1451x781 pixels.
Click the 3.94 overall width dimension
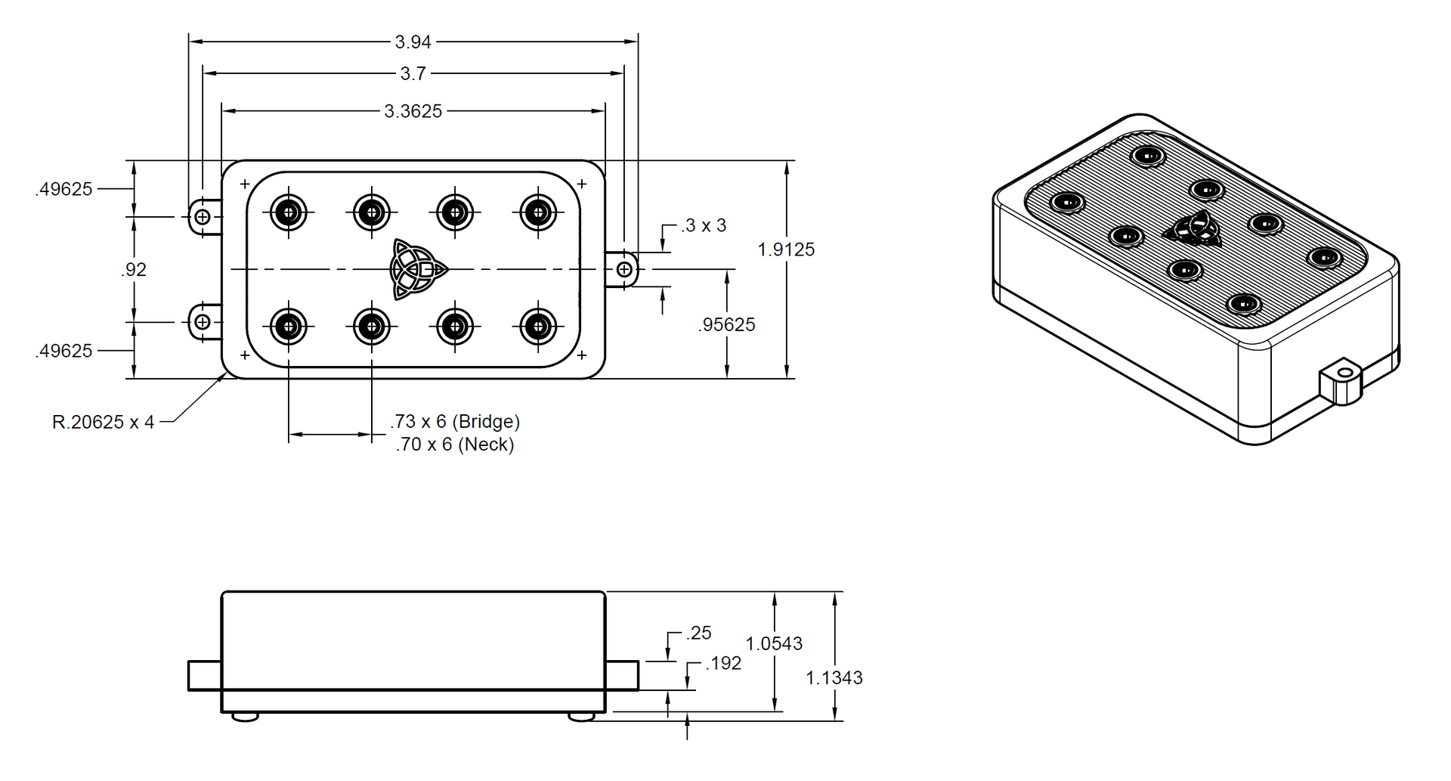point(413,42)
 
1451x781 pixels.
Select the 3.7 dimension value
point(413,73)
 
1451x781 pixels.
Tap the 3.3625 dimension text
point(413,111)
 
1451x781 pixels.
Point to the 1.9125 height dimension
point(786,249)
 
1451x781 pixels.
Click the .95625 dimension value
point(726,324)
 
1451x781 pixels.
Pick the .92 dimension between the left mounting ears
point(134,270)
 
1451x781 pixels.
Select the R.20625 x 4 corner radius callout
point(103,422)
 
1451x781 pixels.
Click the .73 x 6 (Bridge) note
point(455,421)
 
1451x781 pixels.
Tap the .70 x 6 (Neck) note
point(455,445)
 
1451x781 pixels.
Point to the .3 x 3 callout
point(703,225)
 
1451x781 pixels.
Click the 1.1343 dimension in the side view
point(834,677)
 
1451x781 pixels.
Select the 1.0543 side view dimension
point(774,643)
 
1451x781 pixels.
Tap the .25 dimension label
point(699,633)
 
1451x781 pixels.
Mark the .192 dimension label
point(723,663)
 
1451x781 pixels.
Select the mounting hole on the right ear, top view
point(625,269)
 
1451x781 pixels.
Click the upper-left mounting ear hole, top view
point(203,217)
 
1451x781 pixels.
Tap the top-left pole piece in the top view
point(288,212)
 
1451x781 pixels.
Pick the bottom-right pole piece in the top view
point(538,327)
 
